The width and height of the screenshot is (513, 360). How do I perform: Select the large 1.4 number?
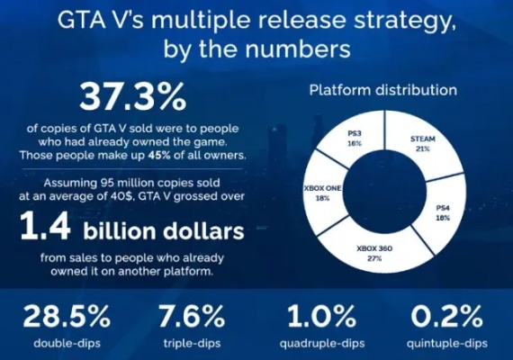click(x=46, y=232)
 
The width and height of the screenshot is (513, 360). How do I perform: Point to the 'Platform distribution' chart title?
click(x=382, y=91)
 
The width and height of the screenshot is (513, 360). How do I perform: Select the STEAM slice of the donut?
click(x=421, y=142)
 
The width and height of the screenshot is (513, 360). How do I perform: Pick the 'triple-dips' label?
click(x=190, y=343)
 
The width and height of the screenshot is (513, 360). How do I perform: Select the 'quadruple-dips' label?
click(x=321, y=343)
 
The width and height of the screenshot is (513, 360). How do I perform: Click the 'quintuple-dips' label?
click(x=447, y=343)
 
